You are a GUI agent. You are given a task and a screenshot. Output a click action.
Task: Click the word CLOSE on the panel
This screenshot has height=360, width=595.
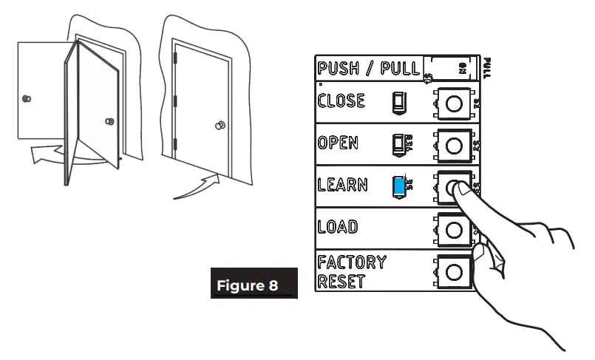[x=341, y=101]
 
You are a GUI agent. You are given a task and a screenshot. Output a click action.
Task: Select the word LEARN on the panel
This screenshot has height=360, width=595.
[x=342, y=185]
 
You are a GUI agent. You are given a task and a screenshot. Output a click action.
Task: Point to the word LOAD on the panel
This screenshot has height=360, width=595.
[x=337, y=227]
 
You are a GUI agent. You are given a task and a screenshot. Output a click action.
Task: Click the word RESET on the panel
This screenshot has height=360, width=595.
[x=341, y=281]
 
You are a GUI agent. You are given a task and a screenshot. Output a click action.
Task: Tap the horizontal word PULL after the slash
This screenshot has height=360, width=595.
[x=401, y=69]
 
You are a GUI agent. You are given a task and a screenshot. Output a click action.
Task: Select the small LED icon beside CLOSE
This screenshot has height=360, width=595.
[x=396, y=101]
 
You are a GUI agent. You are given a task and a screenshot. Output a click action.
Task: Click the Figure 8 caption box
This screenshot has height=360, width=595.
[x=254, y=284]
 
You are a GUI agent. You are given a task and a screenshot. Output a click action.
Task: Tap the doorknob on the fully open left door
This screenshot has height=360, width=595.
[x=27, y=98]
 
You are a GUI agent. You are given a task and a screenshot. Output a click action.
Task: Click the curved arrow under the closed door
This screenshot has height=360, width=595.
[x=197, y=187]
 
